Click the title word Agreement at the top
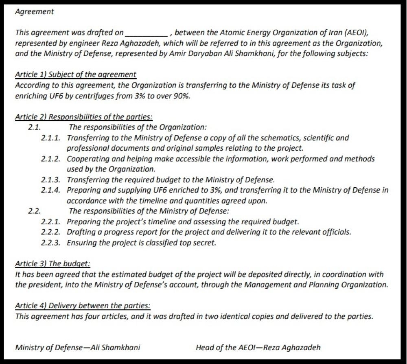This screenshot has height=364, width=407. [x=34, y=12]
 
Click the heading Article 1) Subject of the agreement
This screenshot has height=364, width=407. [x=75, y=75]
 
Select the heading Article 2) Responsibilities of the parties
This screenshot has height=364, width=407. [x=83, y=117]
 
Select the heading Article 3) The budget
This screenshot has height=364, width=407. [x=53, y=264]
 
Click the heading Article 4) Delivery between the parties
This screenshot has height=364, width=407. [x=83, y=306]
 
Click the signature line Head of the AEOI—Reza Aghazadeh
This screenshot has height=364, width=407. [x=258, y=348]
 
